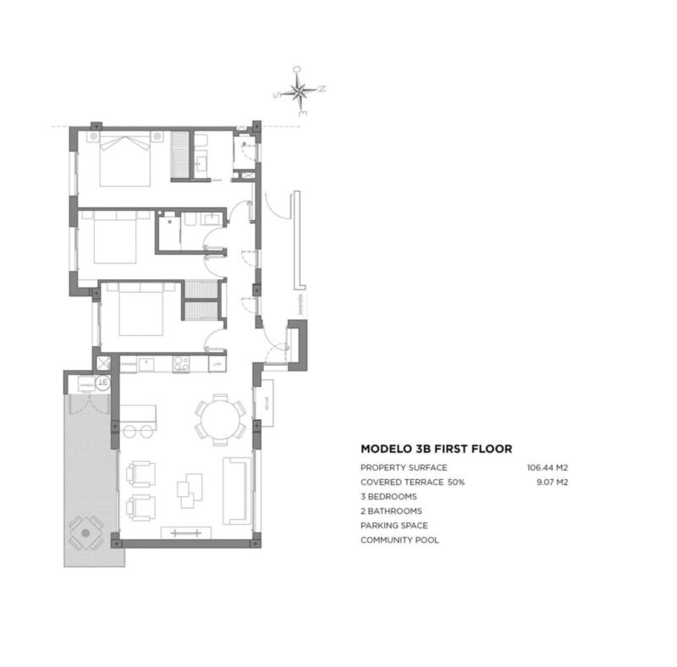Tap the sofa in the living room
click(236, 490)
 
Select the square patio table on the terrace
click(85, 534)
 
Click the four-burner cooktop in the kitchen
click(180, 365)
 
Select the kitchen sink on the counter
click(146, 365)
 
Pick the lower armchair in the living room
click(140, 508)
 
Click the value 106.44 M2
click(546, 467)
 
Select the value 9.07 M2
click(551, 482)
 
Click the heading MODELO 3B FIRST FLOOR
click(436, 449)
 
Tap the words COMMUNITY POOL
click(399, 540)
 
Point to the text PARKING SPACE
click(394, 526)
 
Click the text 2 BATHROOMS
click(391, 511)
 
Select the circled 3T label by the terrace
click(102, 383)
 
